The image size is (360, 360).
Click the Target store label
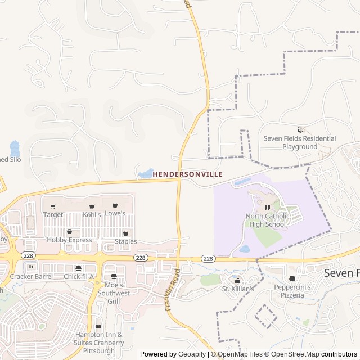pyautogui.click(x=53, y=214)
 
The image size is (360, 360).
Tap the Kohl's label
pyautogui.click(x=92, y=214)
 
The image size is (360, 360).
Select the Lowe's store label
pyautogui.click(x=115, y=213)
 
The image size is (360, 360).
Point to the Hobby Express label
pyautogui.click(x=69, y=240)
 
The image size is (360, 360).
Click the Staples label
pyautogui.click(x=125, y=241)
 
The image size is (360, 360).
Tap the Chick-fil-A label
pyautogui.click(x=79, y=276)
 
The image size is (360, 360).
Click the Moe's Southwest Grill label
pyautogui.click(x=114, y=293)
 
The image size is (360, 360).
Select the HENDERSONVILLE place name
pyautogui.click(x=188, y=174)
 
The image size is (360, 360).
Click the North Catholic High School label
pyautogui.click(x=268, y=220)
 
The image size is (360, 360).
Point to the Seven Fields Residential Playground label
pyautogui.click(x=300, y=142)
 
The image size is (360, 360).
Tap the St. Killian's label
pyautogui.click(x=238, y=289)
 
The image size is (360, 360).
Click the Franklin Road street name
pyautogui.click(x=172, y=290)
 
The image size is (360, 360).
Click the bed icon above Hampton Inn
pyautogui.click(x=99, y=326)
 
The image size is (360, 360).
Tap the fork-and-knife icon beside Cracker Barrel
pyautogui.click(x=31, y=268)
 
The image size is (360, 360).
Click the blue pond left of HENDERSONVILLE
pyautogui.click(x=146, y=173)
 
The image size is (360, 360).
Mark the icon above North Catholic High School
pyautogui.click(x=267, y=208)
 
